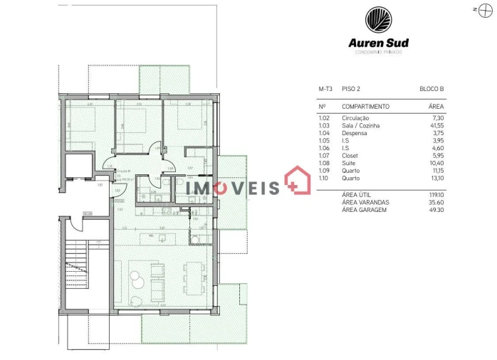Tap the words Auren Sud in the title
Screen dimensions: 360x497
[x=378, y=42]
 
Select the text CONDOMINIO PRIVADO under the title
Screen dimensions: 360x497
[x=378, y=52]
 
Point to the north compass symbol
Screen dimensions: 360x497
[x=477, y=10]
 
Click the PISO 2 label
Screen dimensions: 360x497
[x=351, y=89]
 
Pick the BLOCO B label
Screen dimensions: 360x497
[x=431, y=89]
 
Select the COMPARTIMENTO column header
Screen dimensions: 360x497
[x=365, y=106]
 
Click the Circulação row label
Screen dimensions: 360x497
[x=355, y=118]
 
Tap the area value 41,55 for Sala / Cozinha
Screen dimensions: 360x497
[x=436, y=125]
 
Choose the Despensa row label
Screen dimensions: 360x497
[x=354, y=133]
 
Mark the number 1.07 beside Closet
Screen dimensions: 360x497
[x=324, y=156]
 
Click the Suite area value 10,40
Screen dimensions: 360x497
[x=436, y=163]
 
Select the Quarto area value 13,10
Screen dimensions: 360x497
[x=436, y=179]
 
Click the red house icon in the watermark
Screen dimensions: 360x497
[x=298, y=181]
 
